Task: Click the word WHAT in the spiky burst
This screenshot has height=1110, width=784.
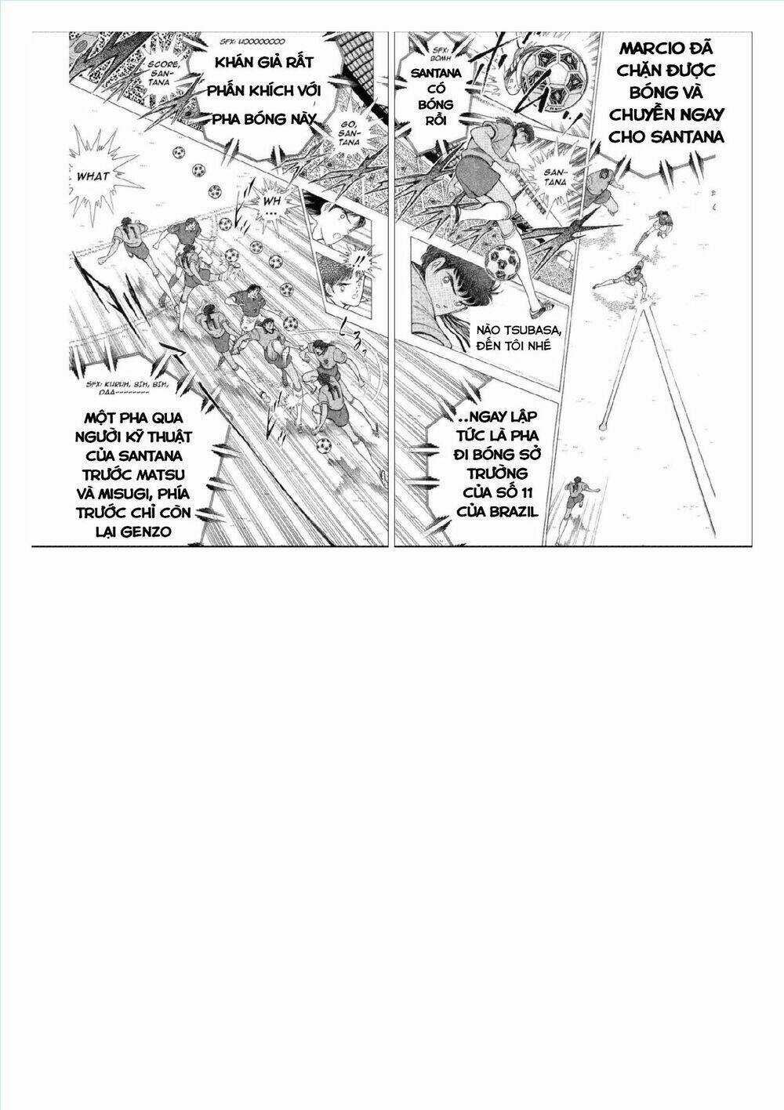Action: [x=93, y=176]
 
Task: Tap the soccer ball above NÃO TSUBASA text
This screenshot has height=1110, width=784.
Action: [x=501, y=264]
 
